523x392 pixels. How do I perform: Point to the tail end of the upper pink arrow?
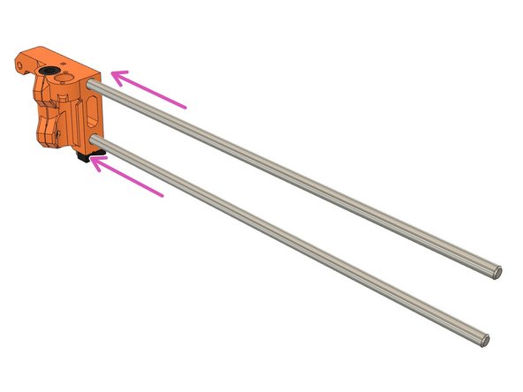186,107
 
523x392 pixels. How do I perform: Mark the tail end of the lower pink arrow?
163,196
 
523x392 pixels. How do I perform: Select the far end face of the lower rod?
489,338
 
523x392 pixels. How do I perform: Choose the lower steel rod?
283,234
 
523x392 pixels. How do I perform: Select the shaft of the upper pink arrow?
150,92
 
